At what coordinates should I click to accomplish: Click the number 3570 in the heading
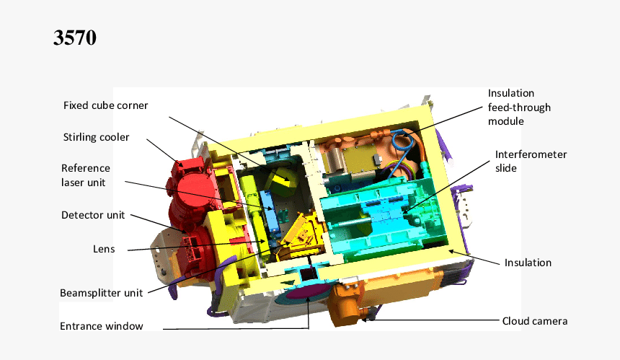[x=75, y=38]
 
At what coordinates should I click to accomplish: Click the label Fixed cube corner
[x=105, y=105]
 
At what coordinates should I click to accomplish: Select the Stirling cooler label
[x=96, y=137]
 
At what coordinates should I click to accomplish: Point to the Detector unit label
[x=93, y=215]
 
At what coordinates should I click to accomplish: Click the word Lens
[x=104, y=249]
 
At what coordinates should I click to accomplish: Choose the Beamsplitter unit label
[x=101, y=293]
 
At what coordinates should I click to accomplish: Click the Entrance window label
[x=101, y=326]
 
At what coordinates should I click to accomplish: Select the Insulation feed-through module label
[x=519, y=107]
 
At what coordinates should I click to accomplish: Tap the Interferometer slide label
[x=531, y=161]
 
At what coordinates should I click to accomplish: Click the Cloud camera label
[x=534, y=321]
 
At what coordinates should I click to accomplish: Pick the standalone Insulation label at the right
[x=528, y=263]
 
